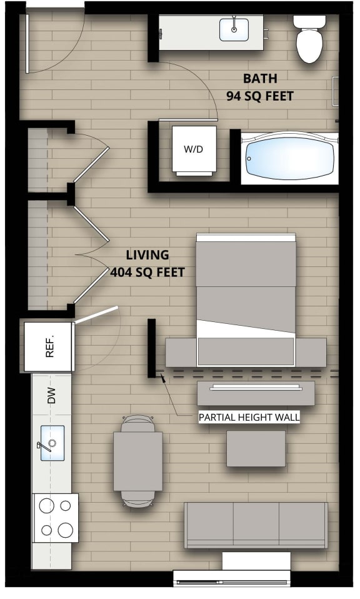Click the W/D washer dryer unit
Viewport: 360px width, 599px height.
(194, 150)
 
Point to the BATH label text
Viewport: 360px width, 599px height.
(259, 79)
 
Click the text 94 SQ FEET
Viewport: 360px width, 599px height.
(259, 97)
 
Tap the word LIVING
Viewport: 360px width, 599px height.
(147, 255)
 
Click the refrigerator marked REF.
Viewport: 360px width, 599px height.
(50, 346)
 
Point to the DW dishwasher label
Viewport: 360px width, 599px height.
(52, 395)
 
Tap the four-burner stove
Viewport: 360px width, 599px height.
(56, 518)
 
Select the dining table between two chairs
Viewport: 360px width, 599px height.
(138, 461)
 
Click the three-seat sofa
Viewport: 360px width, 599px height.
(256, 525)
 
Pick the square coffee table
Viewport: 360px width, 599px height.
(256, 448)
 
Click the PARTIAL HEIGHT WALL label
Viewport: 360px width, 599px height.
(249, 417)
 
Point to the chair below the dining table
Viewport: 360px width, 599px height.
(137, 497)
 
